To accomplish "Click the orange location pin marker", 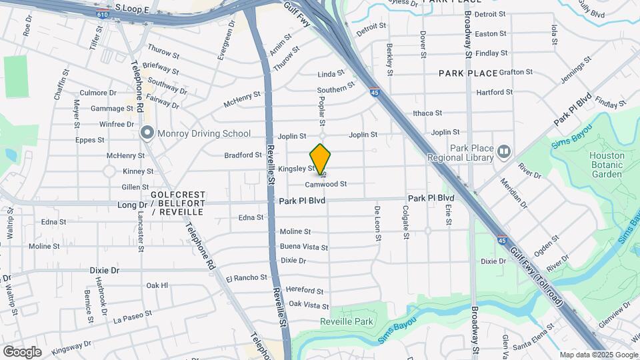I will (321, 159).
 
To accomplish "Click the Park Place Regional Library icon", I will (503, 152).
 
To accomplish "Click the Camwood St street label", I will (326, 183).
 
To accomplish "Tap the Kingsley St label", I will (296, 169).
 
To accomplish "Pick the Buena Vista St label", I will (304, 247).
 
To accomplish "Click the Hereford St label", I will (304, 291).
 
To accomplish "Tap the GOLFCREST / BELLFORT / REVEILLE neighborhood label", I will (177, 203).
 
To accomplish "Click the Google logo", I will (22, 351).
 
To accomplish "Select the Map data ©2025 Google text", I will (598, 355).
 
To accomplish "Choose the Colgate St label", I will (405, 222).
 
